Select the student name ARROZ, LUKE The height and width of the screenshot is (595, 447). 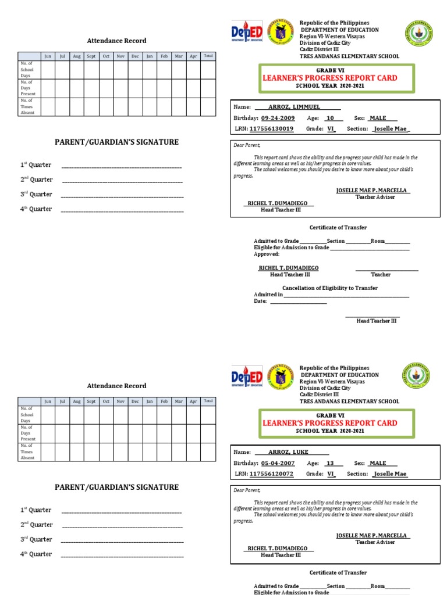tap(288, 451)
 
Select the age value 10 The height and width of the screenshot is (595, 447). tap(330, 118)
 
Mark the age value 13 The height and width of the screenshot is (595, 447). tap(330, 463)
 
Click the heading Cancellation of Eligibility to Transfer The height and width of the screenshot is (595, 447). tap(329, 288)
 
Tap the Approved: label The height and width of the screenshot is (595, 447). tap(267, 254)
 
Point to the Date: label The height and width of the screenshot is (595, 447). tap(260, 301)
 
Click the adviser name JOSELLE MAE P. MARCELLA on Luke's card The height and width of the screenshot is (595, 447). tap(372, 535)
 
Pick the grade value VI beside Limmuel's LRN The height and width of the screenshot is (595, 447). tap(331, 129)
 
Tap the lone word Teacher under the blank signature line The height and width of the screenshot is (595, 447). tap(381, 274)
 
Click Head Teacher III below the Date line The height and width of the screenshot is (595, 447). tap(376, 321)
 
